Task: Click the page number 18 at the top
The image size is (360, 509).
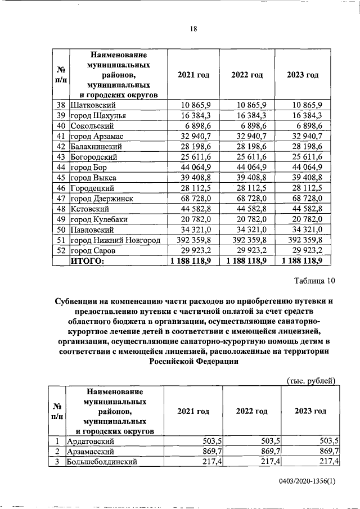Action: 193,29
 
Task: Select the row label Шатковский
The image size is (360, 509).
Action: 93,105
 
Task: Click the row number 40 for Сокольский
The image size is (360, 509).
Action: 61,126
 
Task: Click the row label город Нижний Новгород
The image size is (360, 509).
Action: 114,240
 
